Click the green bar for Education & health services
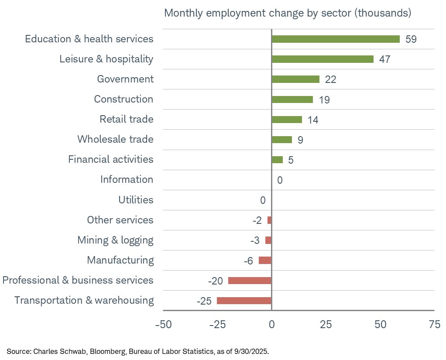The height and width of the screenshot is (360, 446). coord(336,39)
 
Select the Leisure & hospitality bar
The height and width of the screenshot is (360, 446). coord(322,59)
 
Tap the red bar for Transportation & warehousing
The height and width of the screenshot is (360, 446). coord(244,301)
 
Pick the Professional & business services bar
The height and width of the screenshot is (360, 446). coord(250,281)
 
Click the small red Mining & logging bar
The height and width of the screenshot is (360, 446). coord(268,240)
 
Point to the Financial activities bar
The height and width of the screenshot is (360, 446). coord(277,160)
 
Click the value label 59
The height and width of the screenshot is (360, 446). coord(411,39)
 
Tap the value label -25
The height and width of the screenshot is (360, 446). coord(204,301)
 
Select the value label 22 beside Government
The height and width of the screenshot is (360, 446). coord(330,79)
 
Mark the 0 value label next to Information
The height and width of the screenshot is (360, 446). coord(280,180)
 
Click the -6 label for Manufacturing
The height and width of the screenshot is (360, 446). coord(248,261)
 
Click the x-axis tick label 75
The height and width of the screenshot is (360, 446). coord(434,325)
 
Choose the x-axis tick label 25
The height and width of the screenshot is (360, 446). coord(326,325)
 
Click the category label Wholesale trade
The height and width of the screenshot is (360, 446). coord(115,140)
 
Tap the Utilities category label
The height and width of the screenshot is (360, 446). coord(136,200)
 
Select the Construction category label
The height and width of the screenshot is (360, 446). coord(124,99)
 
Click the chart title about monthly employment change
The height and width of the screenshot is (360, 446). coord(288,13)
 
